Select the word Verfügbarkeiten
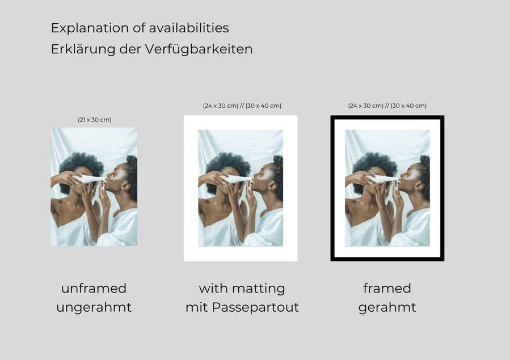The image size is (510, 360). [199, 49]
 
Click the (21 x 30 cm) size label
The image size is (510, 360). [95, 120]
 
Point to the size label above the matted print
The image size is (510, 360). [242, 105]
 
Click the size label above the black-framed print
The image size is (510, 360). [387, 105]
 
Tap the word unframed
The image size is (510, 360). [94, 288]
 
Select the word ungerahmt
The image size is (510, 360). [94, 307]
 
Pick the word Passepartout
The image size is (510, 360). [255, 307]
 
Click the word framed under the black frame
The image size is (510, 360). [387, 288]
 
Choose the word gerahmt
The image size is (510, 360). [387, 308]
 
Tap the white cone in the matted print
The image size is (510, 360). [235, 179]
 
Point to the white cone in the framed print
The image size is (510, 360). [382, 179]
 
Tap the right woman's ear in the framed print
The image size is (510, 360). [419, 185]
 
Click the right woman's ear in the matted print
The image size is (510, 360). [272, 185]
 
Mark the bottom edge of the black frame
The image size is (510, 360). [387, 259]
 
